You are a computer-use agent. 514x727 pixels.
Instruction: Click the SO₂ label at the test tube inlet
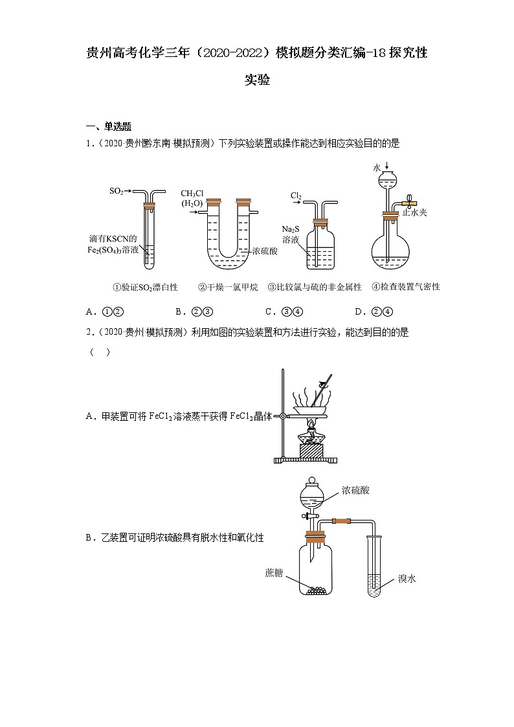click(117, 192)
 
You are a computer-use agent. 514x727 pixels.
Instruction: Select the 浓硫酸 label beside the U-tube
click(265, 251)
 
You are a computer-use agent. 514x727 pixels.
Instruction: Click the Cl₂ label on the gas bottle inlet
click(296, 194)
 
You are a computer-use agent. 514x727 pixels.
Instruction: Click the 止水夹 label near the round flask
click(414, 212)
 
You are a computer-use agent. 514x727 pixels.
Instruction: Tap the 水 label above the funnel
click(377, 167)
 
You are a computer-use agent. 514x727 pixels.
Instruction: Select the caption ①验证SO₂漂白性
click(141, 287)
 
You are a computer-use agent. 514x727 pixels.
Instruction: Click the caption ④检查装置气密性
click(406, 287)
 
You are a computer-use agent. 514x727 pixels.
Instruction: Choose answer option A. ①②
click(105, 311)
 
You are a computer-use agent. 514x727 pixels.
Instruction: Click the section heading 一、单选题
click(109, 126)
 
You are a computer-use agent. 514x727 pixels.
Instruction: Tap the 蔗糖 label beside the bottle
click(274, 573)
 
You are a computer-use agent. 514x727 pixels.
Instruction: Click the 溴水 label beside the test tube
click(407, 578)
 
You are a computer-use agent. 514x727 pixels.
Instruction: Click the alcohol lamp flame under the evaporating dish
click(311, 425)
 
